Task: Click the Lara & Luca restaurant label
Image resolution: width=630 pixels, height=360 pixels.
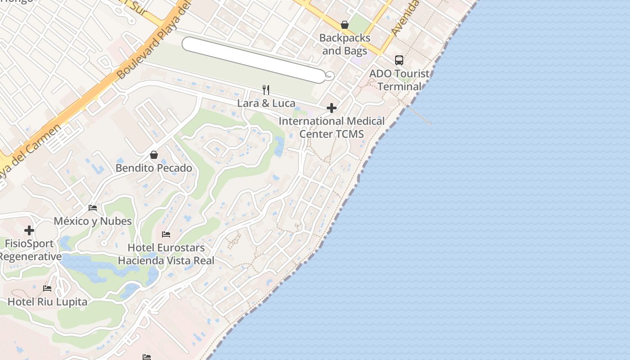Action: [x=266, y=103]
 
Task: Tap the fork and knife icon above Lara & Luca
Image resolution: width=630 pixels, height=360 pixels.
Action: [x=266, y=90]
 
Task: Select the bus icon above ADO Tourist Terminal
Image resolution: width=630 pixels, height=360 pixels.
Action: [x=399, y=60]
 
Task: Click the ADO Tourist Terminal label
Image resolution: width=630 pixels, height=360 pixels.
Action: [x=399, y=80]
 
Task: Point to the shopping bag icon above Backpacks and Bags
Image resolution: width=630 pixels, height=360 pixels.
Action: [x=345, y=25]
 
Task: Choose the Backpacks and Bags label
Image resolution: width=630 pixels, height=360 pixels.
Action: [x=345, y=45]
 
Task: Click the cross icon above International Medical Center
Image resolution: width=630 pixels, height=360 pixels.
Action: [x=332, y=108]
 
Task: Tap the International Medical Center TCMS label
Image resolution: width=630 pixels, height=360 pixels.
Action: [x=332, y=127]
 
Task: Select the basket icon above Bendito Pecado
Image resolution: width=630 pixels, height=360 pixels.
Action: [x=154, y=155]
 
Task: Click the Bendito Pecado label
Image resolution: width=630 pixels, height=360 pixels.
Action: [x=154, y=168]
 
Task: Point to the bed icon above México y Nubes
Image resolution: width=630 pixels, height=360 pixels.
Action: [x=93, y=208]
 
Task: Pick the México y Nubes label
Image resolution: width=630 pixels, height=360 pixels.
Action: [x=93, y=221]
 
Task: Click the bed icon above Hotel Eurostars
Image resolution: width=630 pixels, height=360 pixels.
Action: [x=166, y=234]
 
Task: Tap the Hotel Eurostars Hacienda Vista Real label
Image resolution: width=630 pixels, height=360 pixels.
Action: [x=166, y=254]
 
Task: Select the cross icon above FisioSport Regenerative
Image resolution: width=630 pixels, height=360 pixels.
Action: [x=29, y=230]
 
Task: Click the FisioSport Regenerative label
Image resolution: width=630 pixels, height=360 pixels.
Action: [x=30, y=250]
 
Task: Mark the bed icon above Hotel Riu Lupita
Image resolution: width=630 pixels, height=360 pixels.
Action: [x=47, y=288]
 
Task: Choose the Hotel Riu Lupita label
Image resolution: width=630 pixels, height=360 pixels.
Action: [x=47, y=302]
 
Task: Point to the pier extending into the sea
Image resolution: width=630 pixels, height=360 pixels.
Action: [x=419, y=115]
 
